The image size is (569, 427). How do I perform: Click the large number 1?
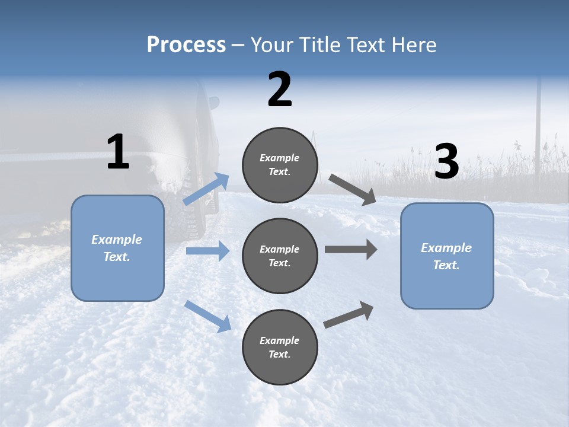coord(118,152)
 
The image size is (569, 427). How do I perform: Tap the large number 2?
coord(280,90)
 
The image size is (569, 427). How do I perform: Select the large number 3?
coord(446,162)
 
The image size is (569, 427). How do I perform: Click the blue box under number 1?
coord(117,248)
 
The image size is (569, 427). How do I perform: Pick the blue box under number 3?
coord(447,256)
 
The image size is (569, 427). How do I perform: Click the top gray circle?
coord(280,165)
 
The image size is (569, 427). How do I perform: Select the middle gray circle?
coord(280,256)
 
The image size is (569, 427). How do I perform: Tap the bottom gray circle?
coord(280,347)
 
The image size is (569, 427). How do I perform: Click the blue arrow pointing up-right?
coord(206,189)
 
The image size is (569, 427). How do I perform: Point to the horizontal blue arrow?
coord(207,251)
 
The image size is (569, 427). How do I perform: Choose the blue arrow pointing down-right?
coord(207,316)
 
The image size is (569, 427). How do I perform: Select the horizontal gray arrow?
coord(350,249)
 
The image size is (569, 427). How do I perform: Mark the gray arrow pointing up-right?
coord(349,315)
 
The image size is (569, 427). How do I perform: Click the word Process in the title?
coord(186,44)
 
